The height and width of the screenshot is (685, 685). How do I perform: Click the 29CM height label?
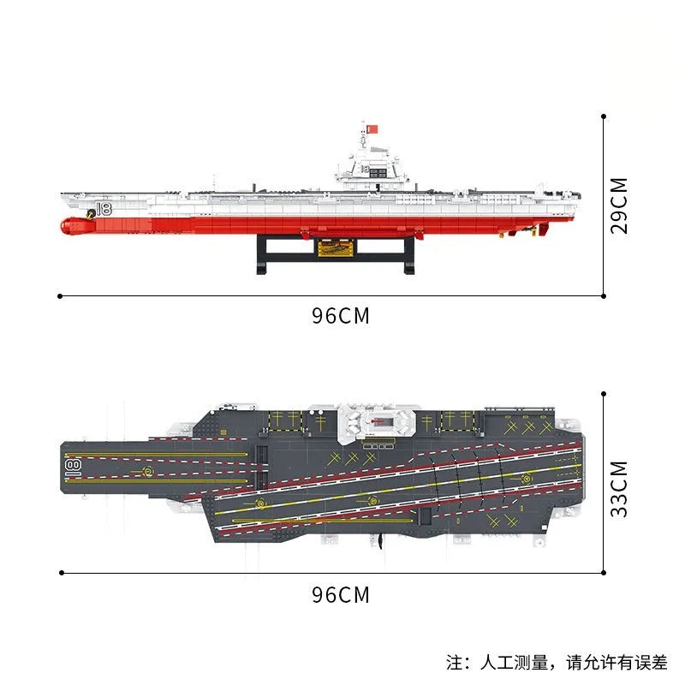[619, 205]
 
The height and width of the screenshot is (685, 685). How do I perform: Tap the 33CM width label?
[619, 489]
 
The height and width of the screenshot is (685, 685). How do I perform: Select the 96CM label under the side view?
[340, 315]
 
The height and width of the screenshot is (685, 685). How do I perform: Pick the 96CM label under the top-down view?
[340, 594]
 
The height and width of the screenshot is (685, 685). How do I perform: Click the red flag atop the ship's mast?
[372, 129]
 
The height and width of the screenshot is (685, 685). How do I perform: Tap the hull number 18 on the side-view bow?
[104, 209]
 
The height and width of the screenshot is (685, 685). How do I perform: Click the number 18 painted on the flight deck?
[73, 467]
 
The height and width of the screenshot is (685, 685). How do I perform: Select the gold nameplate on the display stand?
[335, 248]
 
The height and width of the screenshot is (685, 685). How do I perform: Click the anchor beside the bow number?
[91, 213]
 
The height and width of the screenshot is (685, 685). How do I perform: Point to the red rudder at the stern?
[544, 229]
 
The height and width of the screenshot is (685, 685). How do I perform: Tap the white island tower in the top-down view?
[377, 422]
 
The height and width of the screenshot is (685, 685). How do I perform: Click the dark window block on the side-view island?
[378, 171]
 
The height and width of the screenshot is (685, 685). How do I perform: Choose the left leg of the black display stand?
[261, 254]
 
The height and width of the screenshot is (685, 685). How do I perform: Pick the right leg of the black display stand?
[409, 254]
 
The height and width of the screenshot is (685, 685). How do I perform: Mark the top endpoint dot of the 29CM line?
[604, 116]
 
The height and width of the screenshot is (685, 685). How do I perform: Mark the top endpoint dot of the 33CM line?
[604, 394]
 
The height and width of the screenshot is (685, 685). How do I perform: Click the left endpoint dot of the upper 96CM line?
[60, 296]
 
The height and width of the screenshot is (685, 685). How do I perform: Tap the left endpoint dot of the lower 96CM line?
[62, 573]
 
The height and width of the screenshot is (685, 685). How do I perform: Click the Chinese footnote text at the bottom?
[557, 662]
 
